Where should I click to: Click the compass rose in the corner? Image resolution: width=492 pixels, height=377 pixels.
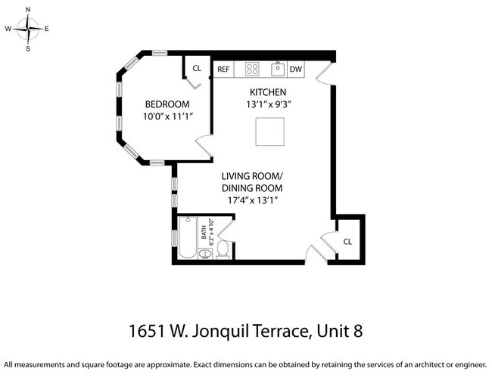click(x=28, y=29)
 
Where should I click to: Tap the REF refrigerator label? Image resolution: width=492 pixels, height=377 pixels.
click(x=223, y=70)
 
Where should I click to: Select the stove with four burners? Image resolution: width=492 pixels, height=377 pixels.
click(x=252, y=70)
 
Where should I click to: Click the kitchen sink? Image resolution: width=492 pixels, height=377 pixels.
click(x=278, y=70)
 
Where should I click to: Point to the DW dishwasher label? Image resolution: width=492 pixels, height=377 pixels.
click(x=295, y=70)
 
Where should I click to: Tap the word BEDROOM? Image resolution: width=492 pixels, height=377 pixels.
click(x=167, y=104)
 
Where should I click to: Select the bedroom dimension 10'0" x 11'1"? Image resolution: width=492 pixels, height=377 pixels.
click(x=167, y=116)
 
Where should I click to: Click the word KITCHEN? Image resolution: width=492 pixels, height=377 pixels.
click(x=269, y=91)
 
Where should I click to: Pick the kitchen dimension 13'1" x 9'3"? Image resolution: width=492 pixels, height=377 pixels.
click(x=269, y=104)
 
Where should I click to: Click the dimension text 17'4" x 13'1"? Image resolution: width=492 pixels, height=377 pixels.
click(x=252, y=200)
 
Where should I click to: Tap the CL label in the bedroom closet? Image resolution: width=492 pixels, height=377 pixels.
click(x=197, y=68)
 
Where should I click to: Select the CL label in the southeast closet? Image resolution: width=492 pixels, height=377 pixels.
click(x=347, y=242)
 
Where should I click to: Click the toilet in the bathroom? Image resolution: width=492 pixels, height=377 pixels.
click(x=223, y=249)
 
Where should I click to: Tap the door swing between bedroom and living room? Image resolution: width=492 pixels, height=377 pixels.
click(x=204, y=147)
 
